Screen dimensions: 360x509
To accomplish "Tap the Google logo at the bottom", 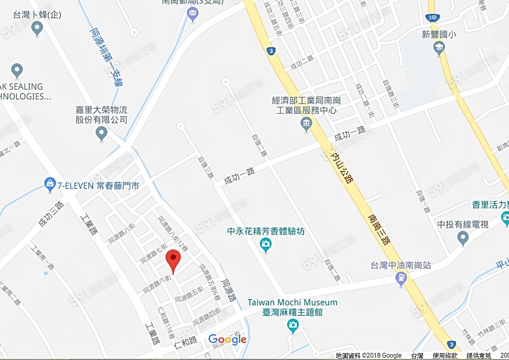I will [x=227, y=340].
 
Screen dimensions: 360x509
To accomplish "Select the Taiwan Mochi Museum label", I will [x=292, y=303].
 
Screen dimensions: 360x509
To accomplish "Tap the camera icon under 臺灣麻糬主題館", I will [x=292, y=325].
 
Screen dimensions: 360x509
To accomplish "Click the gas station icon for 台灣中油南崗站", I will [x=402, y=278].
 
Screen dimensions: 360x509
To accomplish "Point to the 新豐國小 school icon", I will [x=439, y=49].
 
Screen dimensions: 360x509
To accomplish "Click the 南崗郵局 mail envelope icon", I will [x=193, y=13].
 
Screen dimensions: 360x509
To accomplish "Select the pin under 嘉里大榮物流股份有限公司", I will [x=102, y=134].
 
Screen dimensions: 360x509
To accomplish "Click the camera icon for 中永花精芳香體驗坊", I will [x=265, y=245].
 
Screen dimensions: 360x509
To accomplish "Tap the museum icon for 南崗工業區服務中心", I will [x=307, y=124].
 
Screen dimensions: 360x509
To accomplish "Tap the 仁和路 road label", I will [x=185, y=341].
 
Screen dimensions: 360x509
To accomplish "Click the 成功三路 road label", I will [x=51, y=215].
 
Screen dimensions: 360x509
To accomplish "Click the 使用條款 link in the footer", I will [x=446, y=355].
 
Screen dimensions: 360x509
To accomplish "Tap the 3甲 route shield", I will [x=433, y=18].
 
